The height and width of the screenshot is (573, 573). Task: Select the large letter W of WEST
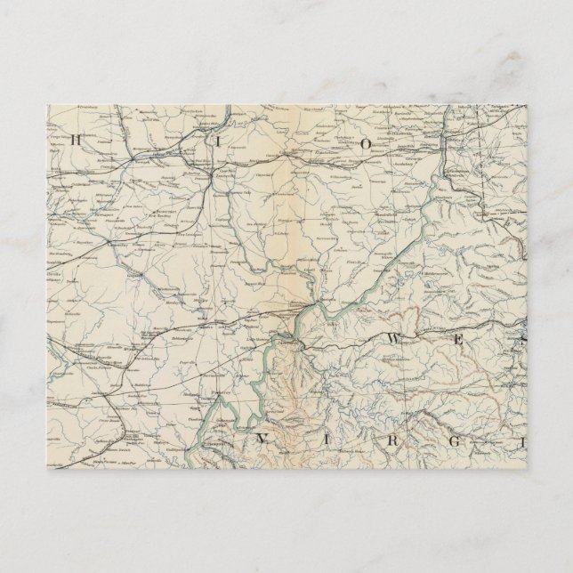[392, 338]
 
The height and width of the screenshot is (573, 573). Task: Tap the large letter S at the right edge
[524, 339]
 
